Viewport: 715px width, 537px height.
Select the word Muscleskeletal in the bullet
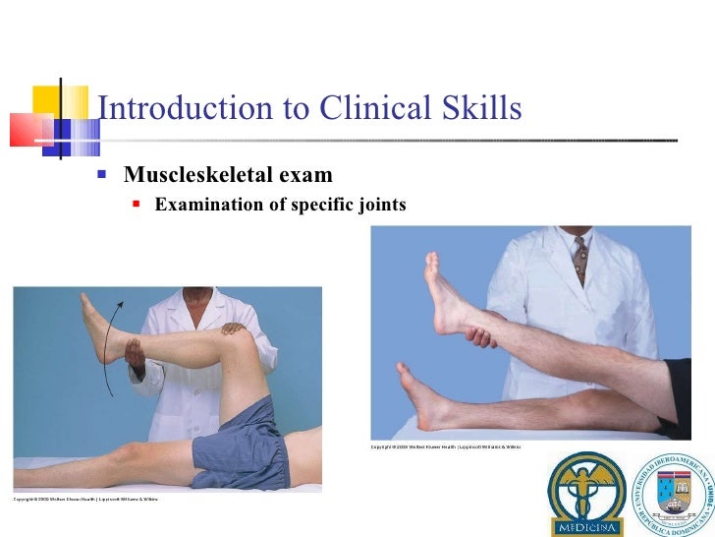coord(187,176)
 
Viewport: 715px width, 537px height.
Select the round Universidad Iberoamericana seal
coord(673,493)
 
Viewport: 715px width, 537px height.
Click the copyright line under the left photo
coord(84,499)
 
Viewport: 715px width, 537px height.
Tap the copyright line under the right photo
coord(445,447)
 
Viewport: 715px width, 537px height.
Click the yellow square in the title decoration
coord(47,100)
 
